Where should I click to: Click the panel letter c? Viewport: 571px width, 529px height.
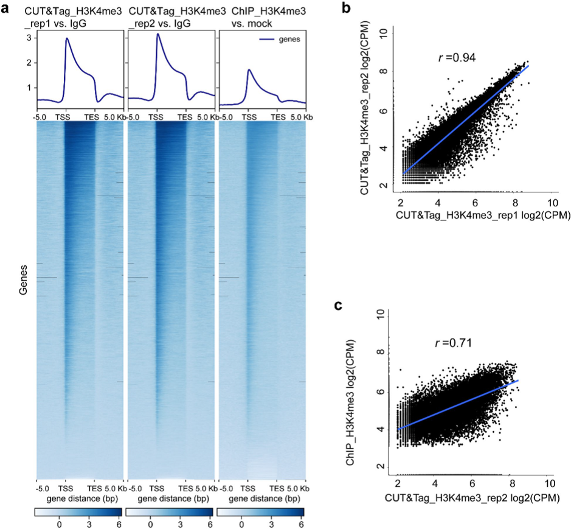[341, 304]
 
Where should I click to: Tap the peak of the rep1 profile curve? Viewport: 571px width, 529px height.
[66, 38]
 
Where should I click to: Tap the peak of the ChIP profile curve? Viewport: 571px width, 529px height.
[249, 69]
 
